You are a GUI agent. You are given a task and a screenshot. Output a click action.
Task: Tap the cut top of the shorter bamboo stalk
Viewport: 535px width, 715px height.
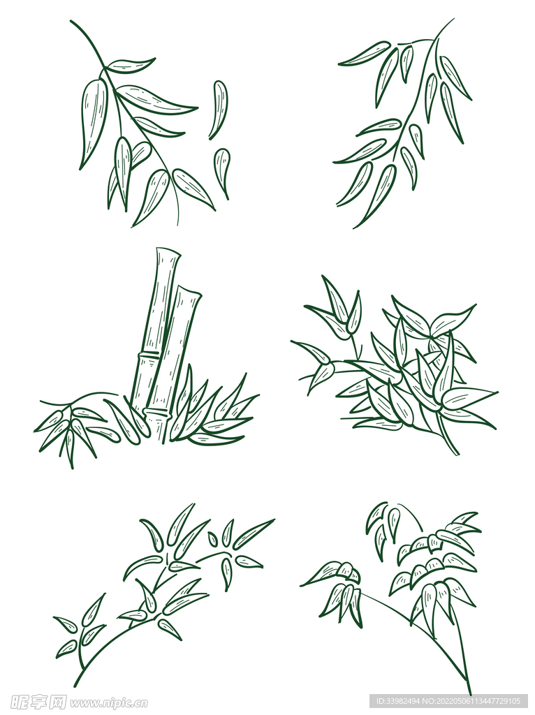[188, 291]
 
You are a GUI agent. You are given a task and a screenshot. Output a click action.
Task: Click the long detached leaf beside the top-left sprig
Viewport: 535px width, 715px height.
[220, 109]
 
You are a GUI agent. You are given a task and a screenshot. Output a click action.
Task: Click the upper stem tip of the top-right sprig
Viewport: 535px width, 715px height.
[453, 20]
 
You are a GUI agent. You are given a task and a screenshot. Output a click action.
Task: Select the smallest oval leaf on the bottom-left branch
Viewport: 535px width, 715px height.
[213, 539]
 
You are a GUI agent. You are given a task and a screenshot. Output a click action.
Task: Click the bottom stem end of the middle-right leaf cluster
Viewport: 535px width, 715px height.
[457, 454]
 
